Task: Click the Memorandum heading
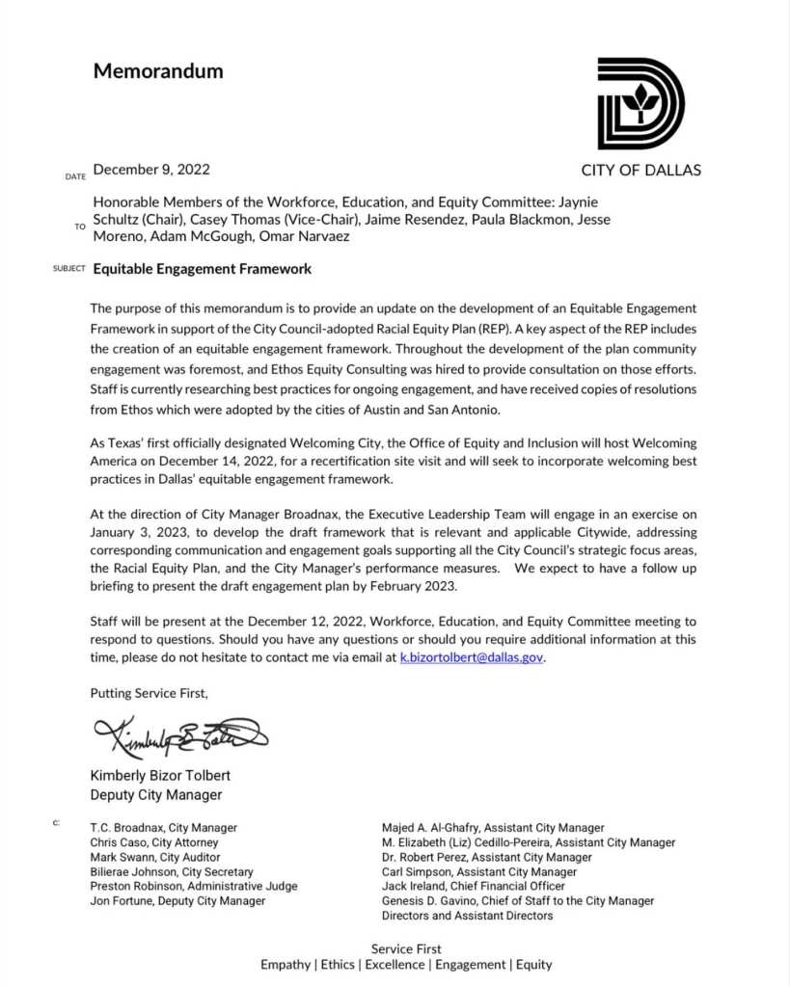point(158,71)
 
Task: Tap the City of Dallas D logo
point(640,103)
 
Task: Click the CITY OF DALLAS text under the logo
point(640,171)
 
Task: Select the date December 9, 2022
point(151,170)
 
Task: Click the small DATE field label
point(75,177)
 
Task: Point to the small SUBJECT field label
point(69,270)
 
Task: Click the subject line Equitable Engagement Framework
point(202,269)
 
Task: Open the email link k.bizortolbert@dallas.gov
point(472,657)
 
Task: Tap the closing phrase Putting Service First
point(149,692)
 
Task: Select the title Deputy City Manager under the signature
point(156,795)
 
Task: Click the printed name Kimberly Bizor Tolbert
point(160,776)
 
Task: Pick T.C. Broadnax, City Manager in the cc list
point(164,828)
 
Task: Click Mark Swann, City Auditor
point(155,857)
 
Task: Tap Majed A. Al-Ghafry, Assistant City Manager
point(493,828)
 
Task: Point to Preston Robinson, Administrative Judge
point(194,886)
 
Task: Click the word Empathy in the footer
point(285,965)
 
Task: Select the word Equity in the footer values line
point(533,965)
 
